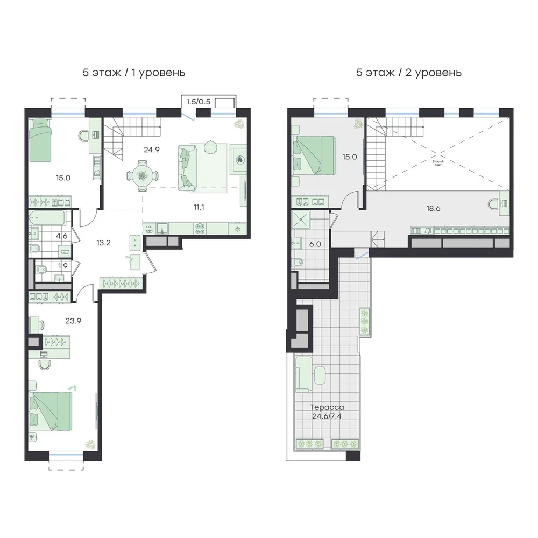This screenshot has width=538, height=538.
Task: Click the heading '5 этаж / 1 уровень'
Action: pos(134,73)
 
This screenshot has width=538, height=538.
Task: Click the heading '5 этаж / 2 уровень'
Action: pos(409,73)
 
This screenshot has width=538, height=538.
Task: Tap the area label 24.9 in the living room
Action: pos(152,150)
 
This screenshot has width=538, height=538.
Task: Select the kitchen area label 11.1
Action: pos(199,207)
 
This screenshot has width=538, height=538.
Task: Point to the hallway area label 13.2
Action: pos(103,243)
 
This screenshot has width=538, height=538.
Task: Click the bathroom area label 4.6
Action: pos(62,236)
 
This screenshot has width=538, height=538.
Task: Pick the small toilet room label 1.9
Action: pos(63,266)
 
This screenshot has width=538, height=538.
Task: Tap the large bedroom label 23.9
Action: pos(73,321)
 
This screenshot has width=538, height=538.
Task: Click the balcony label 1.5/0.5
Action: pos(199,102)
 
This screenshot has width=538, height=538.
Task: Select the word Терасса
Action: pos(327,407)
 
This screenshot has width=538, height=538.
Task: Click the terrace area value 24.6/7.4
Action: pos(327,416)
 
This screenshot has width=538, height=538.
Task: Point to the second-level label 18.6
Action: pos(433,208)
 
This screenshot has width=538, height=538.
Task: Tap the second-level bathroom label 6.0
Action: pos(315,244)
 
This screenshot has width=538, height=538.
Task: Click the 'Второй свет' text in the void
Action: pos(438,163)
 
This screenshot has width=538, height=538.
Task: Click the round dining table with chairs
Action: pos(141,176)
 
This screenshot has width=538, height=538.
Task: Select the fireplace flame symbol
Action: pos(239,160)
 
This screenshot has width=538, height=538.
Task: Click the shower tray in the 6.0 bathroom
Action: pos(301,220)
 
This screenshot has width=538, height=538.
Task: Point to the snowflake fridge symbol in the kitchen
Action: pos(237,229)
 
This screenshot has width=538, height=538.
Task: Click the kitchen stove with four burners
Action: pos(200,229)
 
